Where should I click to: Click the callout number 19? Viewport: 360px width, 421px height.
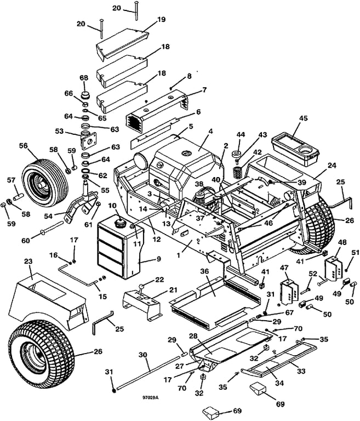(146, 19)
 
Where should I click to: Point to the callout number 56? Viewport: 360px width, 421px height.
(38, 146)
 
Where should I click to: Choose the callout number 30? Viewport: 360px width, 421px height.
(143, 355)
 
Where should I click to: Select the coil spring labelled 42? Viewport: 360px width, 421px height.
(238, 172)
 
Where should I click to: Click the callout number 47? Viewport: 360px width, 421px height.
(284, 268)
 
